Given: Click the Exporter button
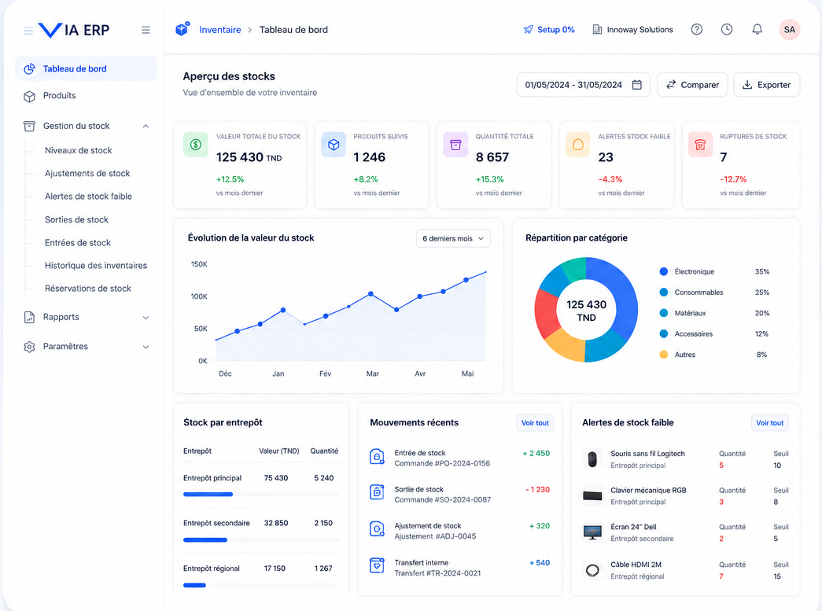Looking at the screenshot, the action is [x=766, y=85].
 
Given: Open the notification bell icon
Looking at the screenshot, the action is [x=757, y=29].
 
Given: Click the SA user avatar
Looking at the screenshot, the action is [x=790, y=30].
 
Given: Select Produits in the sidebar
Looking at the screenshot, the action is [x=59, y=95].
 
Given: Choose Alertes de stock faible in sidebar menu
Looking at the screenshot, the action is [x=88, y=197].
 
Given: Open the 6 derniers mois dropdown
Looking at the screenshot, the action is [x=453, y=238].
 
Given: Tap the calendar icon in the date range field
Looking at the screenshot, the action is [x=637, y=85].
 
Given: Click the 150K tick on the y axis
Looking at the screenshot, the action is [x=199, y=264].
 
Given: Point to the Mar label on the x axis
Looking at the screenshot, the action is [x=373, y=374].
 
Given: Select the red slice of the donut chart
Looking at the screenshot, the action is [x=547, y=313].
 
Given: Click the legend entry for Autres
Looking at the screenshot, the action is [x=684, y=355].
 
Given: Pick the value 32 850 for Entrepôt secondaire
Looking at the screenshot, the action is [x=276, y=523].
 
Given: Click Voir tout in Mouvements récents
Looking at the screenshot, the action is [x=535, y=423].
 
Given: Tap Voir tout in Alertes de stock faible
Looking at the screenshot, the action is [x=769, y=423].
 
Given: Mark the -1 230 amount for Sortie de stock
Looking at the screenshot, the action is [x=538, y=489].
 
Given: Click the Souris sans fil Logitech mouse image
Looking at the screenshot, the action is [x=592, y=459].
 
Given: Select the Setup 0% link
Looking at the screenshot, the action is [x=549, y=30].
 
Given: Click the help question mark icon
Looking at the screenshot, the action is [x=696, y=29].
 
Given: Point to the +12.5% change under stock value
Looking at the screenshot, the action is [x=230, y=179].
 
